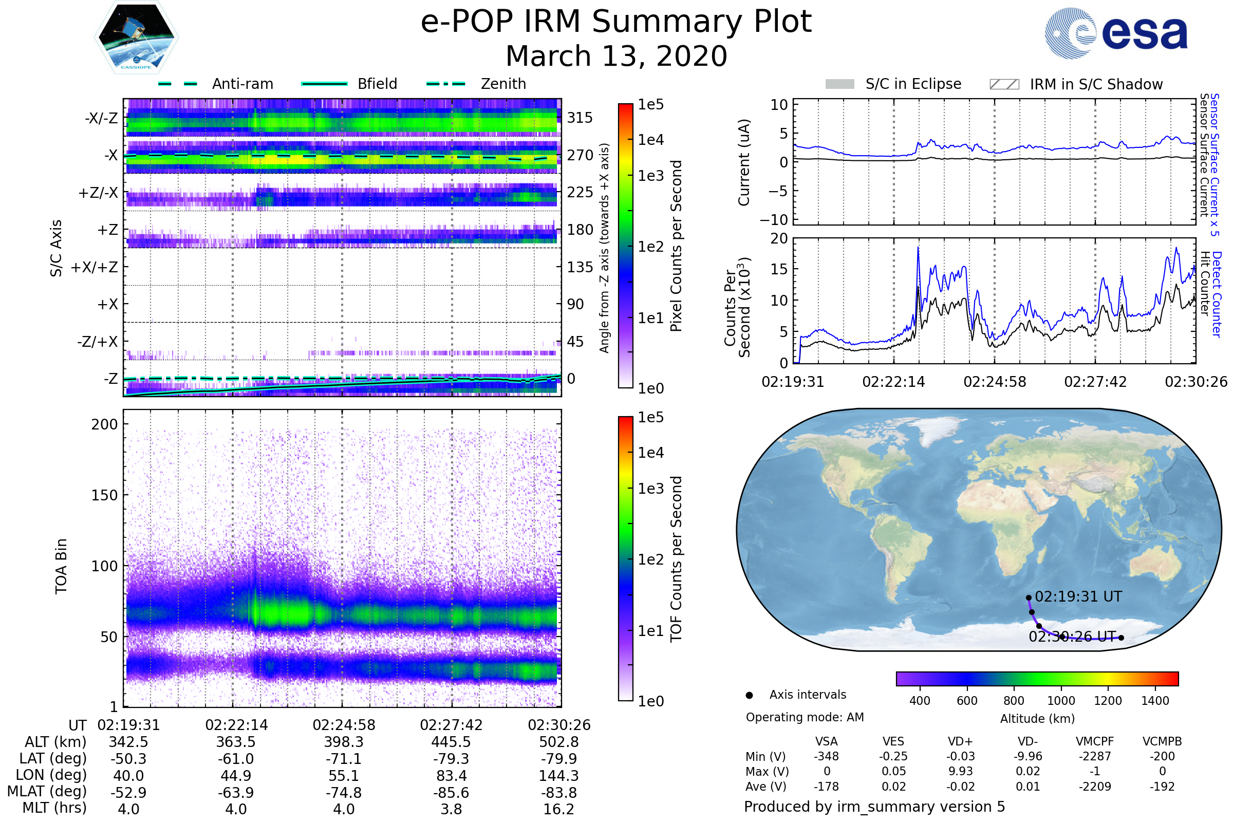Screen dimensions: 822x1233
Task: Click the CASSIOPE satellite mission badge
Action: [x=136, y=36]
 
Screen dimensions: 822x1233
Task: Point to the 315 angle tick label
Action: [x=580, y=118]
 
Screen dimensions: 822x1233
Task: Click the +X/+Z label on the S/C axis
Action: [x=95, y=267]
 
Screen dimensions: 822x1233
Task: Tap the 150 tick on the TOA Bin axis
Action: [x=104, y=495]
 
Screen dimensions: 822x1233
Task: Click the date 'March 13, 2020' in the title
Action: [x=616, y=56]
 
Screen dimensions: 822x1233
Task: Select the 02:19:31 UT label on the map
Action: [x=1078, y=596]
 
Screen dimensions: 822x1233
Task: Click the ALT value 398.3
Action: [x=343, y=742]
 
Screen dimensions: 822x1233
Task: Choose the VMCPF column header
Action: [x=1095, y=742]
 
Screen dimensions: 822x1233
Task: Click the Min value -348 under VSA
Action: [x=826, y=756]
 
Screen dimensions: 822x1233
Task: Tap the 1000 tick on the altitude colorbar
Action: [x=1060, y=701]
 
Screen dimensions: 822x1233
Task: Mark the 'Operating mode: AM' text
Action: [x=805, y=717]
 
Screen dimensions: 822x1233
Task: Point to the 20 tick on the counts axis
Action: [x=779, y=238]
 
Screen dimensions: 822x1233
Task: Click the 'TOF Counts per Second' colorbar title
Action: [x=676, y=559]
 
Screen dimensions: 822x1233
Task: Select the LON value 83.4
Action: [x=451, y=776]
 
